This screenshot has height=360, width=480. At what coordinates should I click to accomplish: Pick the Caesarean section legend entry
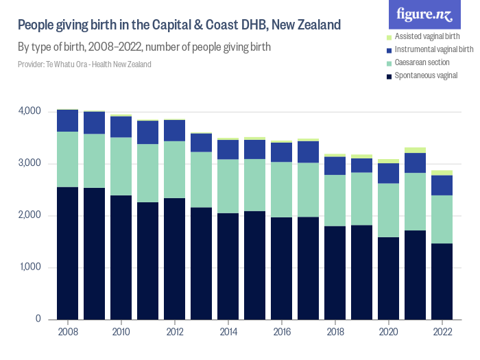point(424,62)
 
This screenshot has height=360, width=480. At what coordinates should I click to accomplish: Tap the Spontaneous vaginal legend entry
point(426,75)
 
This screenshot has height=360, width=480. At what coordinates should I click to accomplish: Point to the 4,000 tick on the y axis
point(29,111)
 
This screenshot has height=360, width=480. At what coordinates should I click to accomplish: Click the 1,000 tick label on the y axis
point(29,267)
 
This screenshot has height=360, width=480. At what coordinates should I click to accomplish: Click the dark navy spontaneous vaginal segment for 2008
point(67,253)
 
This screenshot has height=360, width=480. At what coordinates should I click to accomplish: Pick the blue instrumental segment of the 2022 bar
point(442,185)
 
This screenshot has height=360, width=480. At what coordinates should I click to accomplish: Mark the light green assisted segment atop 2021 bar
point(416,150)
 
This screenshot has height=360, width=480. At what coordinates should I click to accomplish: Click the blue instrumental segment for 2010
point(121,127)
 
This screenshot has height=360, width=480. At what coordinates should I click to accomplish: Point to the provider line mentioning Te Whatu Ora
point(84,64)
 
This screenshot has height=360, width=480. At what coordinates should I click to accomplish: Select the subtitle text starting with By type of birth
point(144,47)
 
